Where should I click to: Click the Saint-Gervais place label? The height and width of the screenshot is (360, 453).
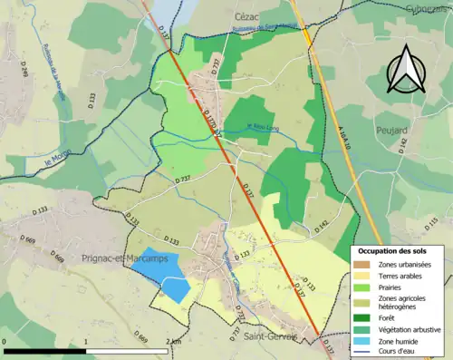click(271, 336)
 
